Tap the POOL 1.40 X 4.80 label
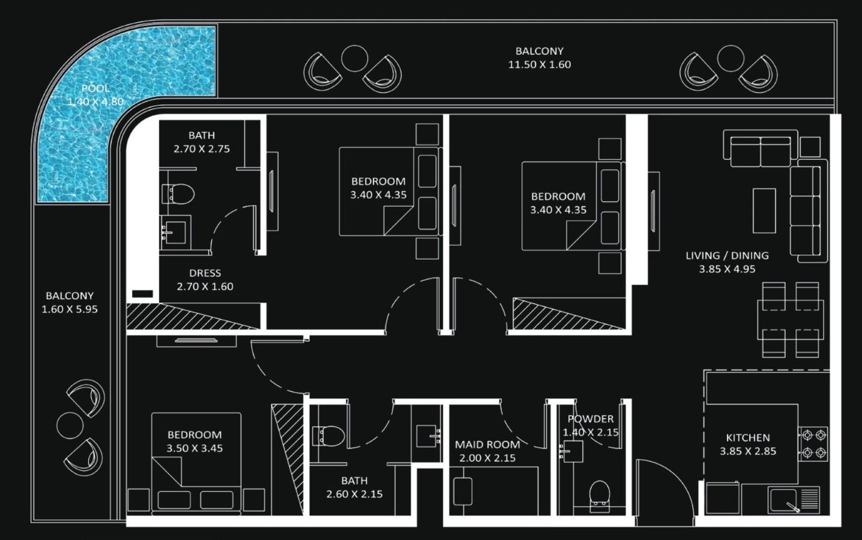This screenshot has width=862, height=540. click(95, 95)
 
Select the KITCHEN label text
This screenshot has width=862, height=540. click(747, 438)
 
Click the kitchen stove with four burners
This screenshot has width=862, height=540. click(813, 443)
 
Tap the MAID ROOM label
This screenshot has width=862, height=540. click(487, 444)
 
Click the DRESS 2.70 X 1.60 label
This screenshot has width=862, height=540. click(205, 280)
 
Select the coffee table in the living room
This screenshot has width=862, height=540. click(764, 210)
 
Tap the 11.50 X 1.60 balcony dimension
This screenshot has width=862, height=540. click(539, 65)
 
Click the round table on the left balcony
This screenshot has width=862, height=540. click(70, 425)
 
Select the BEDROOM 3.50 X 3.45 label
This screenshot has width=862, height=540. click(194, 441)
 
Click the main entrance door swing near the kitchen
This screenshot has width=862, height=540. click(660, 487)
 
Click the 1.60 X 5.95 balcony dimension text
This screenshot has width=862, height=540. click(70, 309)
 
